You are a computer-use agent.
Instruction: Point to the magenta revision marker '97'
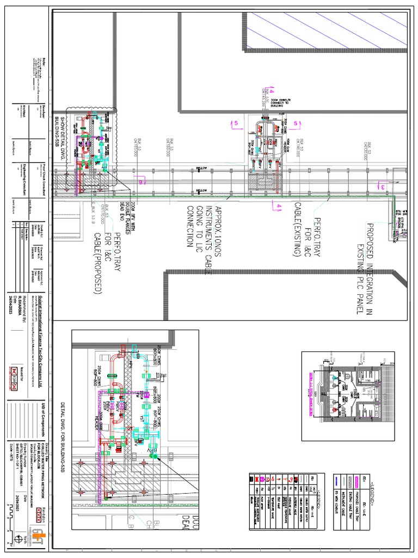click(143, 183)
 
